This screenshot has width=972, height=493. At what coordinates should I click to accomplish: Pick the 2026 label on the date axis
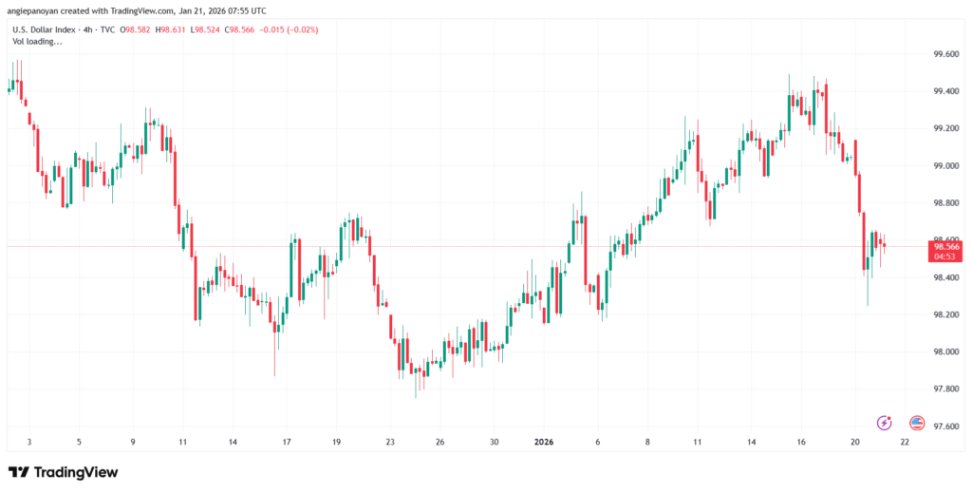click(x=544, y=442)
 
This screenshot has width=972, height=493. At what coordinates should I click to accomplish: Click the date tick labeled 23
click(x=390, y=442)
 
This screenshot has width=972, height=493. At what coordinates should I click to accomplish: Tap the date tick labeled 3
click(x=28, y=442)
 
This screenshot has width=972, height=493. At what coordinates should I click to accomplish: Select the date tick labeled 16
click(x=802, y=442)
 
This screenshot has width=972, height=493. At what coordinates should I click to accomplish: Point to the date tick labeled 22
click(x=904, y=442)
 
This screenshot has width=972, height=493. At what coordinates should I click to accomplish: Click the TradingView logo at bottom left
click(x=64, y=472)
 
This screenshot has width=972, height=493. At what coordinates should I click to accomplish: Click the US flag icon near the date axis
click(x=917, y=423)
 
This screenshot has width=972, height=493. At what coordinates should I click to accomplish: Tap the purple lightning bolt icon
click(x=885, y=423)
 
